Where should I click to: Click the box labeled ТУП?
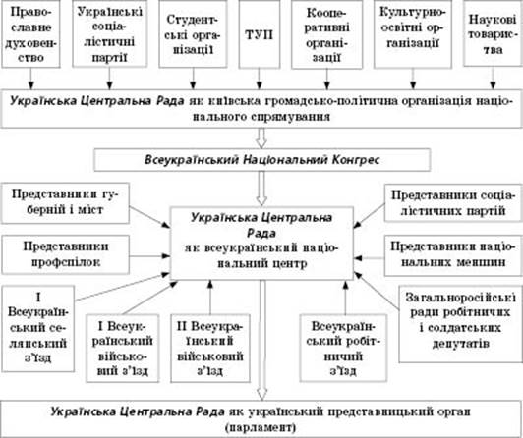(x=260, y=34)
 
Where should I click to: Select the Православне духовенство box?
(x=30, y=33)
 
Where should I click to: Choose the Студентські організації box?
(x=193, y=33)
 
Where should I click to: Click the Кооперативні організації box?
(x=326, y=34)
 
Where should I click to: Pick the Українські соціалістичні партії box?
(x=110, y=33)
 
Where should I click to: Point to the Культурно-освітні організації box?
(x=413, y=34)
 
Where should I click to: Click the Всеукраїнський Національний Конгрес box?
(x=262, y=160)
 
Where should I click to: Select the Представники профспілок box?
(x=65, y=254)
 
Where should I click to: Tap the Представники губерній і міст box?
(x=65, y=203)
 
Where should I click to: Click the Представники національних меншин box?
(x=453, y=255)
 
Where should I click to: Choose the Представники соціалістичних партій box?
(x=453, y=203)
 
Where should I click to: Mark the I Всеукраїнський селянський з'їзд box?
(x=37, y=328)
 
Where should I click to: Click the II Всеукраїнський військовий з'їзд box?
(x=210, y=348)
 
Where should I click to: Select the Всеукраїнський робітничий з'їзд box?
(x=343, y=348)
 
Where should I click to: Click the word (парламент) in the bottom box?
(x=261, y=427)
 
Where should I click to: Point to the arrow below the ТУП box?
(x=260, y=80)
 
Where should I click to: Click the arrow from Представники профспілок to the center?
(x=149, y=256)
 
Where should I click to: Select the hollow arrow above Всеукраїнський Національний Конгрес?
(x=261, y=138)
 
